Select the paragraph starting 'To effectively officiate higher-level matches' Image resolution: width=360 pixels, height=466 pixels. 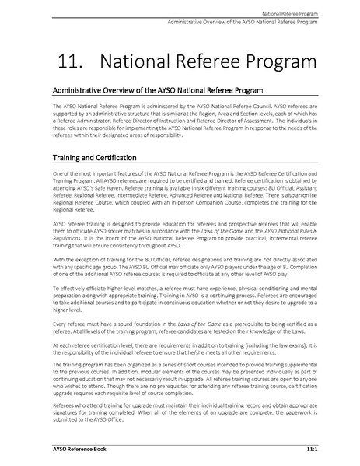180,298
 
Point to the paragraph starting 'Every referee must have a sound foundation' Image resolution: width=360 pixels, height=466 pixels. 180,325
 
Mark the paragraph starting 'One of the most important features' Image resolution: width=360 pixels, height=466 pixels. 180,193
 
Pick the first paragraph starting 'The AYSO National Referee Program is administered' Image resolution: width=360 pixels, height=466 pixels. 180,120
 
